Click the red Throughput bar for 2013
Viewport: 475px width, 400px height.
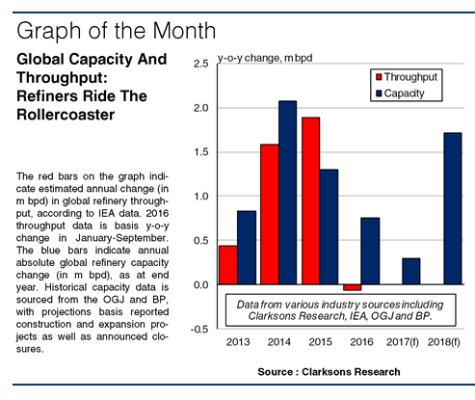228,265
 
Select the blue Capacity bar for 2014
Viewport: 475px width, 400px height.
288,193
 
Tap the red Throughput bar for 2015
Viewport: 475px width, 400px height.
310,200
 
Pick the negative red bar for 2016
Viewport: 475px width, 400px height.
352,287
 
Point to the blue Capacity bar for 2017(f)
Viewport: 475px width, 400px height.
411,272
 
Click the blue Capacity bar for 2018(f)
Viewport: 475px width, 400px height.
453,208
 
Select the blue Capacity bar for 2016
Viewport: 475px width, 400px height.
370,252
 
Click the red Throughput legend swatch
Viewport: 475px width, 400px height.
379,77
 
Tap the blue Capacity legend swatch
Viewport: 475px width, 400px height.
379,93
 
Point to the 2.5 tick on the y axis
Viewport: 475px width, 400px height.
201,64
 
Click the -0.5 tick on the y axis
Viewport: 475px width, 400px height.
199,329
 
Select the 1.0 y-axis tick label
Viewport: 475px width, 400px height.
201,197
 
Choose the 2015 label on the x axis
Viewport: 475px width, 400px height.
320,342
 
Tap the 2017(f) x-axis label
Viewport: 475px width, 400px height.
403,342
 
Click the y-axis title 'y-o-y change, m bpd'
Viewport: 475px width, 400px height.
265,58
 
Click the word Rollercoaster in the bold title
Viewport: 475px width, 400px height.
66,115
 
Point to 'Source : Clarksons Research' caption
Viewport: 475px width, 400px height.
329,372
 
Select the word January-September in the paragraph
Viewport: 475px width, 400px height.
121,238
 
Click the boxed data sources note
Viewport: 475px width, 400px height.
340,310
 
